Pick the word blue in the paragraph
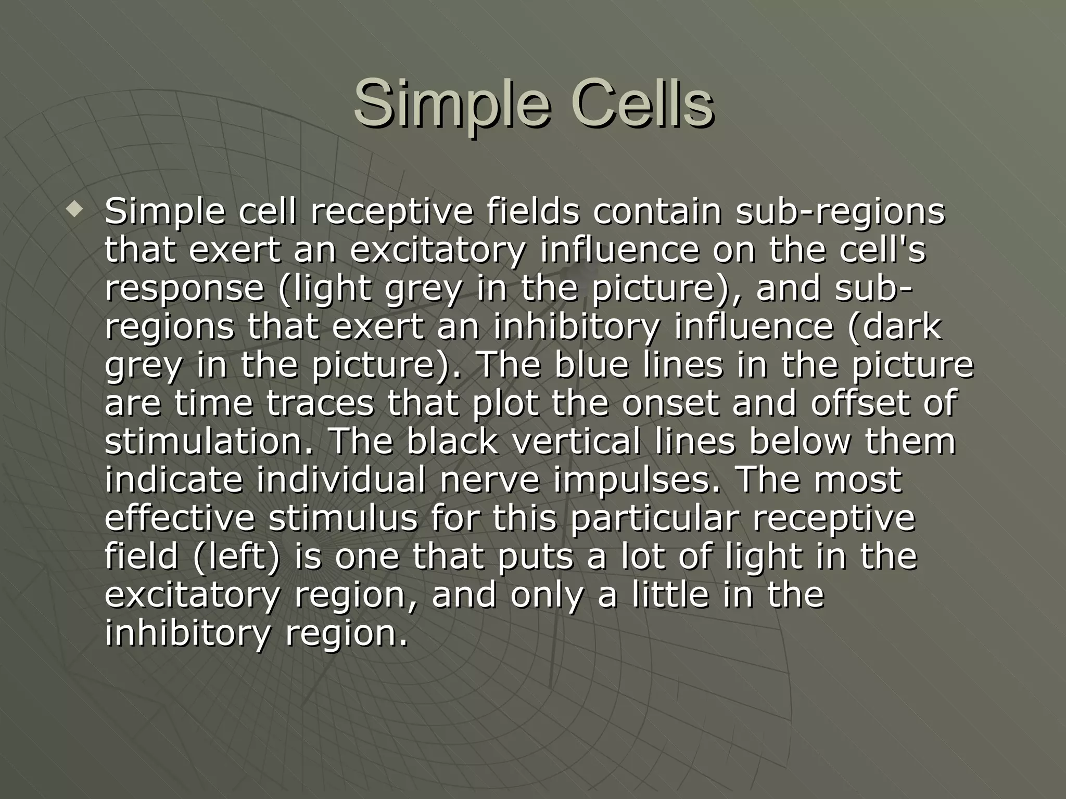(x=586, y=365)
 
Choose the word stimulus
(x=342, y=518)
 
